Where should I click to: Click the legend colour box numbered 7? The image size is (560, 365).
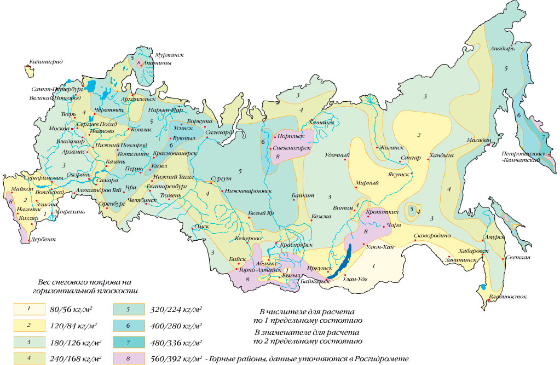coord(128,343)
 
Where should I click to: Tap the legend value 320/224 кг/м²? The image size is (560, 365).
coord(175,310)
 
